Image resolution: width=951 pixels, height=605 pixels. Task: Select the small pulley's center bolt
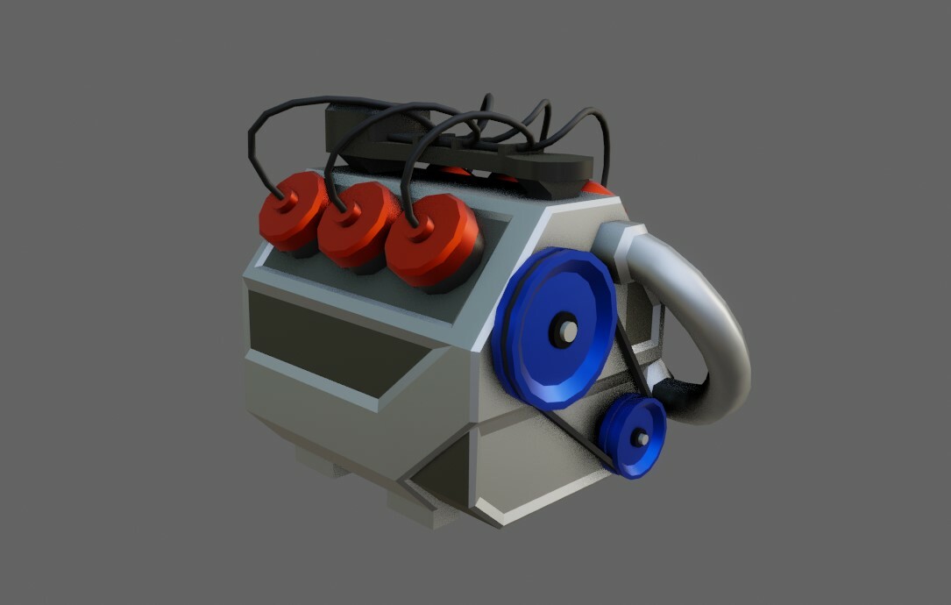pyautogui.click(x=642, y=438)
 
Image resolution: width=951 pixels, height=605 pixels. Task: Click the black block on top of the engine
pyautogui.click(x=456, y=149)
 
